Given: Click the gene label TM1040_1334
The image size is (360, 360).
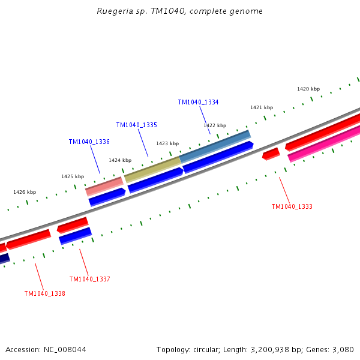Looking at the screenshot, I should point(198,102).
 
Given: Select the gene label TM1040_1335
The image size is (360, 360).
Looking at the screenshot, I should point(136,125).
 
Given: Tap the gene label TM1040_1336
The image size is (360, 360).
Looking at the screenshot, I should point(89,142).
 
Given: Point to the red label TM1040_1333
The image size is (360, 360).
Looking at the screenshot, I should point(292,206).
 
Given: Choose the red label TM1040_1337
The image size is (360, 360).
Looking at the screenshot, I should point(89,279).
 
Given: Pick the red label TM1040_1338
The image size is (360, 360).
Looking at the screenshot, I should point(44,293).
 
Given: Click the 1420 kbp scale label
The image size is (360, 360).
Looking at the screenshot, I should point(308,89).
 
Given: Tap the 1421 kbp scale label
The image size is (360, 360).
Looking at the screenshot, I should point(262,107).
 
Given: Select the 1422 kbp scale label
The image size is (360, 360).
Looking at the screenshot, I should point(215,125).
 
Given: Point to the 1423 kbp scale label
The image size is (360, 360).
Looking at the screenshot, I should point(167,143).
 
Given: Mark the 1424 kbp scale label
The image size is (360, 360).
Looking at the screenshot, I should point(120,160).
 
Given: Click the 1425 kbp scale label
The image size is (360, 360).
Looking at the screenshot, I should point(73,176).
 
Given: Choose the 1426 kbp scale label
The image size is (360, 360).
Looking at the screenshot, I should point(25,192).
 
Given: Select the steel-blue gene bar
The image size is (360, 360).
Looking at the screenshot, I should point(215,146).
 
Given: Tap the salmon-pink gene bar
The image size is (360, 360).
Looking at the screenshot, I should point(104,186).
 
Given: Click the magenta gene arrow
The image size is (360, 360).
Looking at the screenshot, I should point(324,144).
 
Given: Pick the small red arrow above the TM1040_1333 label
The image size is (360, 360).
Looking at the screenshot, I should point(271,154).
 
